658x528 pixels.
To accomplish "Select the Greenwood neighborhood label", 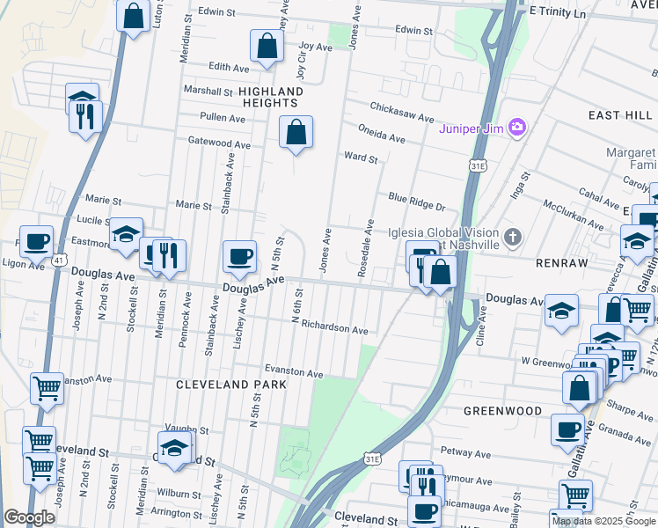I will [x=503, y=410].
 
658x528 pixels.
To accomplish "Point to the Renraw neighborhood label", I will [x=558, y=261].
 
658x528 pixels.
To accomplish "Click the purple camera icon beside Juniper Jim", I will [x=516, y=128].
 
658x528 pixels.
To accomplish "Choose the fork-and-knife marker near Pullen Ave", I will [x=86, y=115].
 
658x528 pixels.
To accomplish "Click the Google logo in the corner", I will [x=29, y=517].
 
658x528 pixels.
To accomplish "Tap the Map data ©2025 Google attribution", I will [x=603, y=521].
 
